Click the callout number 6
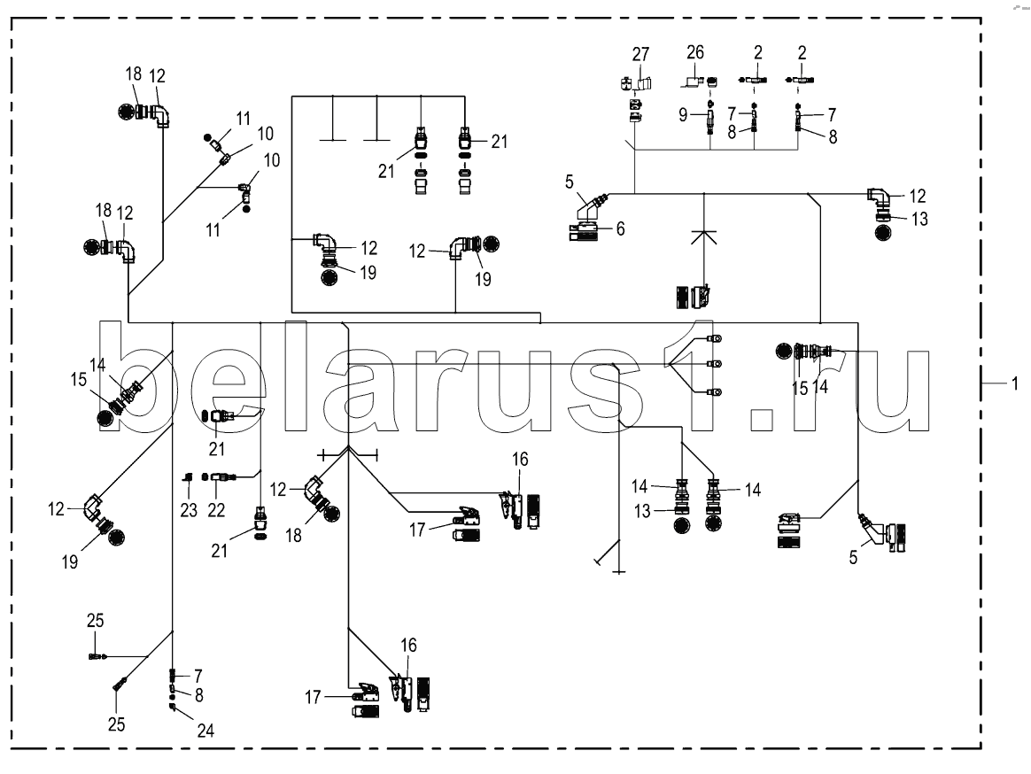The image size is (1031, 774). (x=620, y=228)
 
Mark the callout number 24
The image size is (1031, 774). (x=206, y=731)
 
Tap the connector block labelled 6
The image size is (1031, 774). (x=585, y=233)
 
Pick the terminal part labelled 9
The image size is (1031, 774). (x=709, y=118)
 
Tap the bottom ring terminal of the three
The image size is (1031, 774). (x=715, y=391)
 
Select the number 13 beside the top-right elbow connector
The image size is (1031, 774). (x=920, y=220)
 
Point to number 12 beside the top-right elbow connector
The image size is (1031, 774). (x=918, y=195)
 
